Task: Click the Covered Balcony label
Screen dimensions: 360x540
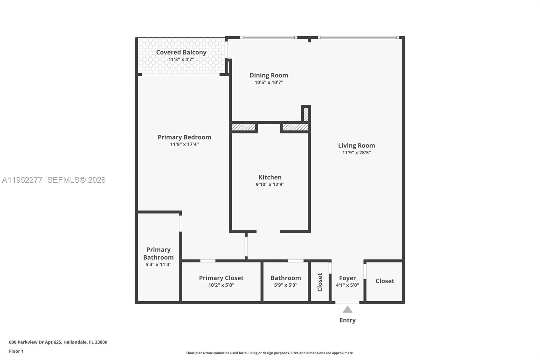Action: pos(181,52)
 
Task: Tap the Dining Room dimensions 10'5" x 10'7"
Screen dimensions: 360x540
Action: pos(269,82)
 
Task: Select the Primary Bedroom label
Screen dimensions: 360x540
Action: pos(184,137)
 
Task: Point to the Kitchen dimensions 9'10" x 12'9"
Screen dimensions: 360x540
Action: pos(270,184)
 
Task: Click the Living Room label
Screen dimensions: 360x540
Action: pos(356,146)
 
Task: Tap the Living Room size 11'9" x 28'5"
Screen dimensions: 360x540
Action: pos(356,153)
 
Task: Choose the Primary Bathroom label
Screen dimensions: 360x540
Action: pos(158,253)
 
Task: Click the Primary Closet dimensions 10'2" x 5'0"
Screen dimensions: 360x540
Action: pos(221,285)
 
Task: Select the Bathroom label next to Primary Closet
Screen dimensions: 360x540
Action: pos(286,278)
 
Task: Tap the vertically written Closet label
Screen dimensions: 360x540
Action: pos(320,282)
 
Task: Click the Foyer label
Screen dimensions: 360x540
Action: pos(347,278)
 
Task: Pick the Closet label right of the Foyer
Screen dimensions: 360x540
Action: pos(385,281)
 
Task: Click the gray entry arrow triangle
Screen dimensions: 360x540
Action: pos(347,310)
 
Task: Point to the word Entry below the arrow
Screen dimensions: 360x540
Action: pos(347,320)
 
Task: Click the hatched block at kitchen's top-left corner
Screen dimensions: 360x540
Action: pos(243,127)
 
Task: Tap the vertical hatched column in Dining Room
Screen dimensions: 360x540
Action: pos(306,114)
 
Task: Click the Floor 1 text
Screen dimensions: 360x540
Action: pos(16,351)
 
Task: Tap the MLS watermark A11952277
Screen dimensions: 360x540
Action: pos(22,180)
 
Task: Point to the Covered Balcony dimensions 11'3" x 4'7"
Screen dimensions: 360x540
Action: pos(181,60)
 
